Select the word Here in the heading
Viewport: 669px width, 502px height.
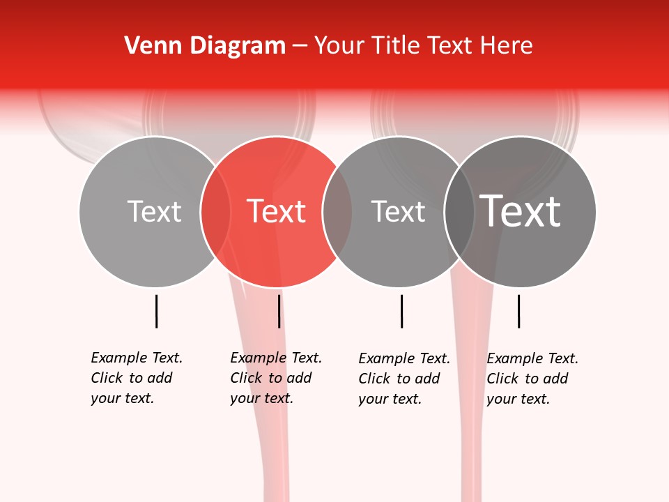point(506,46)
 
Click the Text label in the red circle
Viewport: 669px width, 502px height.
point(277,211)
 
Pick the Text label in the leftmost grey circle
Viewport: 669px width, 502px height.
point(154,211)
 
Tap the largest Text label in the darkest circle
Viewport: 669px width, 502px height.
point(521,211)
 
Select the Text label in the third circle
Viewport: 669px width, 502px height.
point(398,211)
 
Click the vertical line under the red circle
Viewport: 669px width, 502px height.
point(279,311)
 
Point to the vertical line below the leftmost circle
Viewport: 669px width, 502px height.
point(156,311)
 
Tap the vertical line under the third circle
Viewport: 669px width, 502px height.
point(401,311)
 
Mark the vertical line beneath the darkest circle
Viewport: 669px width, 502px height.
point(518,311)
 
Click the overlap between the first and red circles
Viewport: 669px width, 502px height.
point(215,211)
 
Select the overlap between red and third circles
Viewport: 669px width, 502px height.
point(337,211)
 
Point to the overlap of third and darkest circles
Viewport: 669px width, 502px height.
point(459,211)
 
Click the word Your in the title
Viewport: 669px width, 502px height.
point(339,46)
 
